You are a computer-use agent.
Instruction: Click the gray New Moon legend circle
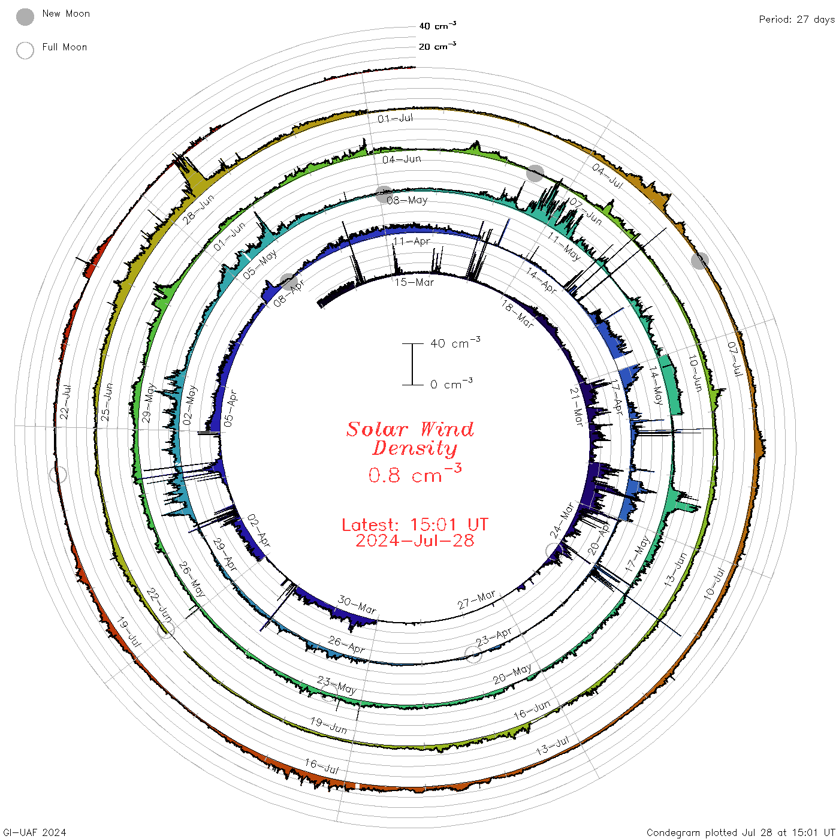(25, 17)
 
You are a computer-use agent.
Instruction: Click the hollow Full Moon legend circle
(25, 50)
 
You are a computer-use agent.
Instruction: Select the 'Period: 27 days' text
(796, 20)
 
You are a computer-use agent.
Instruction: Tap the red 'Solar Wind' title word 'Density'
(415, 448)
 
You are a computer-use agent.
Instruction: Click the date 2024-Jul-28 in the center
(415, 541)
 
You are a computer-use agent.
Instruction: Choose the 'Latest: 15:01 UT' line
(415, 524)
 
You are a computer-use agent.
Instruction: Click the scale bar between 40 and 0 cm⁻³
(412, 364)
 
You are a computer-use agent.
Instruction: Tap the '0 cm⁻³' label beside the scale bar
(451, 383)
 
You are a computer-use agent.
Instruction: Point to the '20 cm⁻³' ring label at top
(437, 46)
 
